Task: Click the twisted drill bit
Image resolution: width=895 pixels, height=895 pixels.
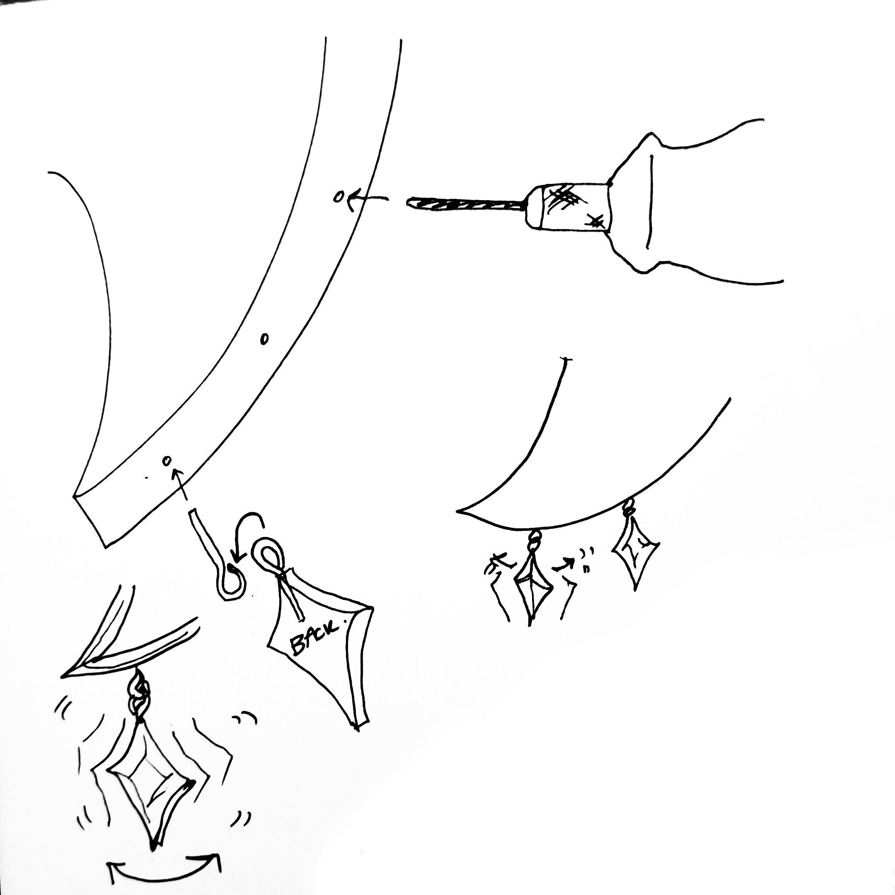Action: coord(466,204)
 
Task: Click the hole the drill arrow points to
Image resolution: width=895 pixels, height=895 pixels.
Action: coord(339,197)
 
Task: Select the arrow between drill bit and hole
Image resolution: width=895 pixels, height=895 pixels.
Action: coord(368,199)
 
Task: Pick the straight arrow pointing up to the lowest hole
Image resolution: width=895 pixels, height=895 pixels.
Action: coord(180,484)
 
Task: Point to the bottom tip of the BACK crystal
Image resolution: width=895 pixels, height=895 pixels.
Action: coord(357,731)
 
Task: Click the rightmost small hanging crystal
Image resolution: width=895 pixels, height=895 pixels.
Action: coord(635,550)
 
